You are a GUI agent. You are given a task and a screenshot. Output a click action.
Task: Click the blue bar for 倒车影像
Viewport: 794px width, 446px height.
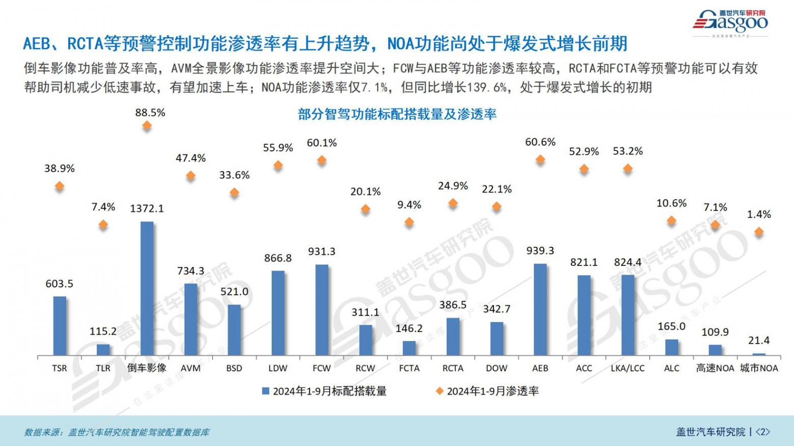[x=147, y=288]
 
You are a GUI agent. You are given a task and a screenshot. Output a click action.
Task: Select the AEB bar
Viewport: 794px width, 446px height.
[x=540, y=309]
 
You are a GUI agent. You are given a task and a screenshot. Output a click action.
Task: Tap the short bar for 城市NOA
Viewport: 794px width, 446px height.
[x=759, y=354]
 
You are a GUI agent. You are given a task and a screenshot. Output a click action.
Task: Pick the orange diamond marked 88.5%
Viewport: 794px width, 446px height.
[x=147, y=125]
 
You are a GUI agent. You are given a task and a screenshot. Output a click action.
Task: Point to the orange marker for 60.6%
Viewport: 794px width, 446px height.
[x=540, y=160]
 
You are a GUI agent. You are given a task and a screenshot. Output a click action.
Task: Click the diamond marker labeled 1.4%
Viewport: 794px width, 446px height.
[x=759, y=232]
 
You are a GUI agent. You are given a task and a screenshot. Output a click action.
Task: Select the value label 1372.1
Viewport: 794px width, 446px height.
[x=147, y=208]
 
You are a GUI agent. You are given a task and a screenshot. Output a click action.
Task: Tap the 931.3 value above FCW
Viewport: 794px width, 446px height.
[x=322, y=251]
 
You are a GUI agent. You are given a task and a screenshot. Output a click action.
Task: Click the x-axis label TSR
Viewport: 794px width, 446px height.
[x=59, y=368]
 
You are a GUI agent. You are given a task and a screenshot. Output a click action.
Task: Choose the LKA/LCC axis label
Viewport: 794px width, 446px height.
[x=627, y=368]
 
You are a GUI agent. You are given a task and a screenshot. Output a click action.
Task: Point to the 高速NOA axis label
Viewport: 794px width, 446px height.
[x=715, y=368]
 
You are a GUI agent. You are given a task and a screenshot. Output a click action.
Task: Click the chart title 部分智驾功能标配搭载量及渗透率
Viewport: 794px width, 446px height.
[x=397, y=114]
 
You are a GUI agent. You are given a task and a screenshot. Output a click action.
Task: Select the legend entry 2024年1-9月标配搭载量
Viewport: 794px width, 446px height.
[x=325, y=391]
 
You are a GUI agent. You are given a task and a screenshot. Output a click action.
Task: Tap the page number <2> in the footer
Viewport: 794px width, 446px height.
[x=762, y=432]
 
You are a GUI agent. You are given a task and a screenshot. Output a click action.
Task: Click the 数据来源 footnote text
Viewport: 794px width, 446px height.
[x=117, y=432]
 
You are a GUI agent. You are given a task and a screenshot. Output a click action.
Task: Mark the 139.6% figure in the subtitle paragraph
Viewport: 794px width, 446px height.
[x=487, y=87]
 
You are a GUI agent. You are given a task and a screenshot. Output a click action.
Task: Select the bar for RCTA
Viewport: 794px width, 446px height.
[x=453, y=336]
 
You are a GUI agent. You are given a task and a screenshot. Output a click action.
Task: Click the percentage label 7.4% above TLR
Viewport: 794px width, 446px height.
[x=103, y=207]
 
